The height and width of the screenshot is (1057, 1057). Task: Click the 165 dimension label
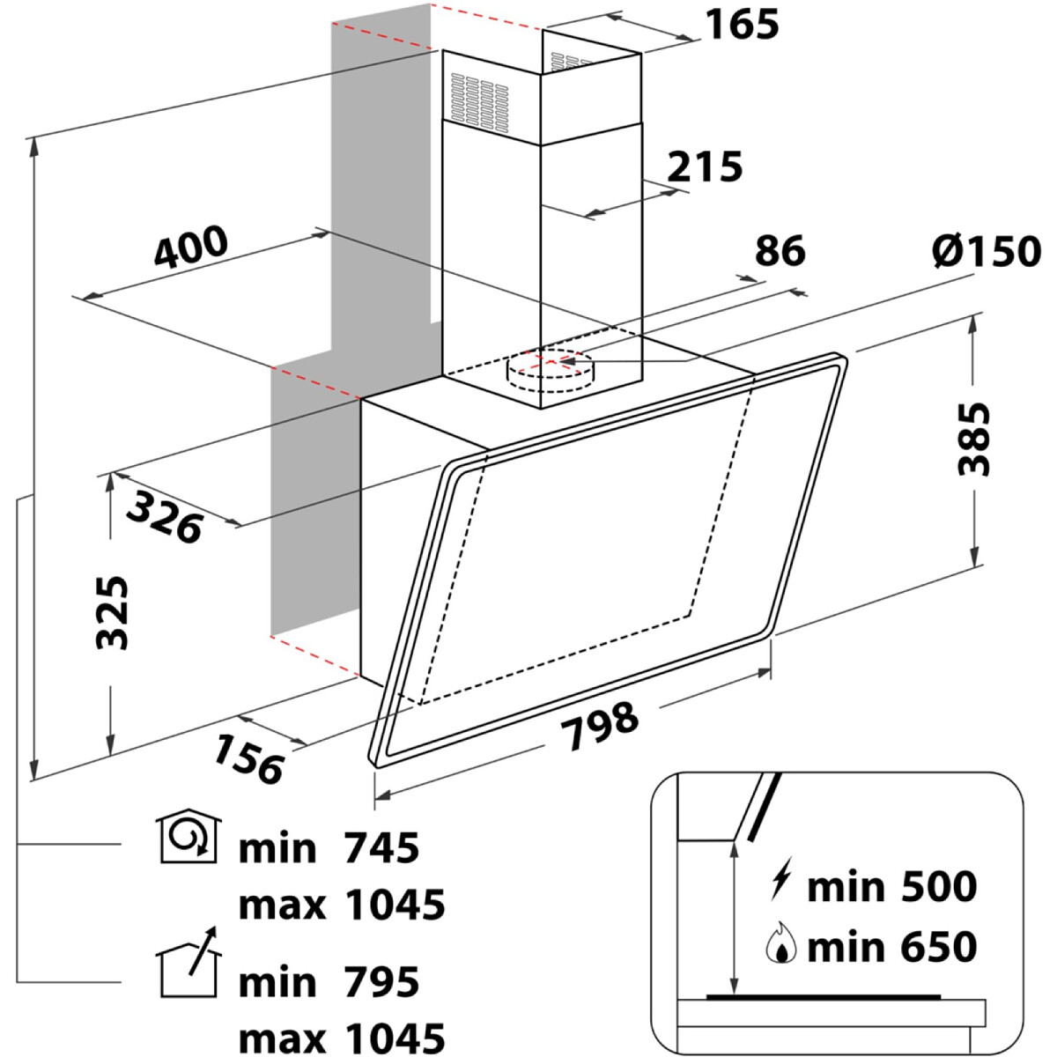(x=742, y=24)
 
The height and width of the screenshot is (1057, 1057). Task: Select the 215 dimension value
(x=705, y=166)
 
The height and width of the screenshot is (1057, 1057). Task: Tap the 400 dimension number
(x=190, y=248)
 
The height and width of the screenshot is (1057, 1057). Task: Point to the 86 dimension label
(x=780, y=251)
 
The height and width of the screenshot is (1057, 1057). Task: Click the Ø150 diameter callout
(x=986, y=251)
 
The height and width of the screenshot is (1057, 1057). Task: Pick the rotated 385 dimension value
(x=973, y=439)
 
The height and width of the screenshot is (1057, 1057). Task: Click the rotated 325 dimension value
(x=112, y=613)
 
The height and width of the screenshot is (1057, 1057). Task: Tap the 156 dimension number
(x=249, y=759)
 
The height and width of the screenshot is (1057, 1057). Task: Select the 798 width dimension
(x=600, y=726)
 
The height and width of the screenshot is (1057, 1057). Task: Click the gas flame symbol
(x=781, y=942)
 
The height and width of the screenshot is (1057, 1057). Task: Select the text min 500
(x=892, y=887)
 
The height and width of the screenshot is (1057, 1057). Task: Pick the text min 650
(x=892, y=946)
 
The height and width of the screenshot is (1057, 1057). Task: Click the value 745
(x=381, y=848)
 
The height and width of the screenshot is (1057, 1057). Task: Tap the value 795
(x=381, y=982)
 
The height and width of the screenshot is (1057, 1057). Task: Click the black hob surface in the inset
(x=824, y=996)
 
